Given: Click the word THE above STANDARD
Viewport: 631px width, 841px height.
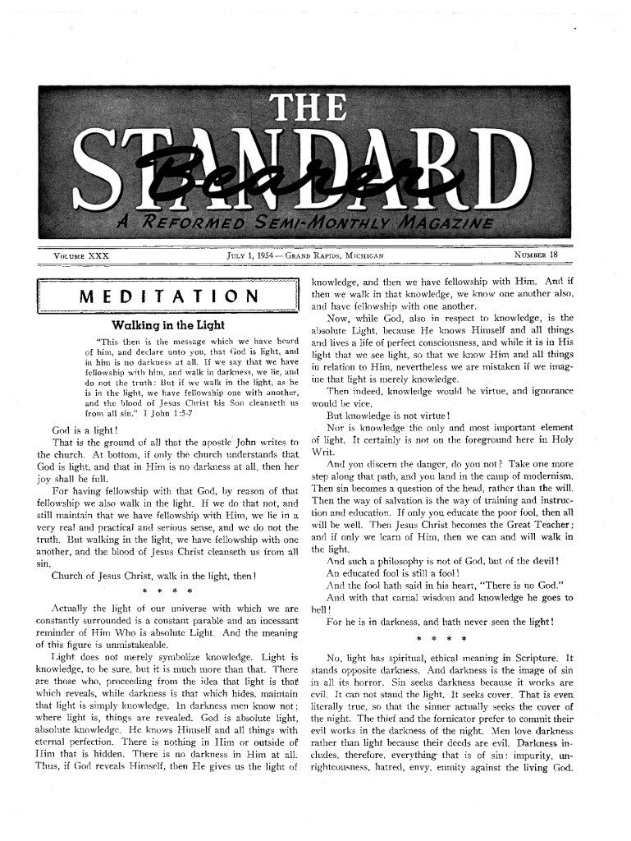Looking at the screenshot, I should point(315,106).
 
